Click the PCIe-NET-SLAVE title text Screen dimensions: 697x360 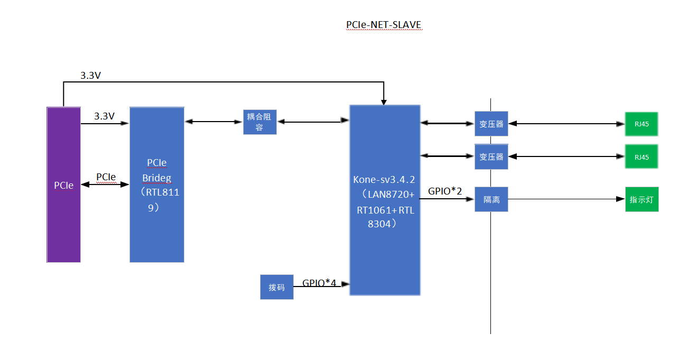tap(384, 24)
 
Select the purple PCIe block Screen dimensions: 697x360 tap(64, 185)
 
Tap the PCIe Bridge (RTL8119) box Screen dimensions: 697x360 tap(157, 185)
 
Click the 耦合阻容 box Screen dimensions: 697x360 tap(260, 122)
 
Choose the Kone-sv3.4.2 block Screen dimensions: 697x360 tap(385, 200)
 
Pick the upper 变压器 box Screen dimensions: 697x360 tap(491, 124)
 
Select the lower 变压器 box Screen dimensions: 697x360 tap(491, 156)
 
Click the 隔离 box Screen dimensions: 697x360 tap(491, 199)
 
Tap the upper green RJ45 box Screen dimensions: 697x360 tap(642, 124)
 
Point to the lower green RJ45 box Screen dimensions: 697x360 tap(642, 156)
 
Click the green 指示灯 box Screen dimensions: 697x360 tap(642, 199)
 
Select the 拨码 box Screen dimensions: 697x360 tap(277, 287)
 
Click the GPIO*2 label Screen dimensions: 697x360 tap(445, 191)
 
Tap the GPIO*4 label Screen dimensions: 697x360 tap(319, 283)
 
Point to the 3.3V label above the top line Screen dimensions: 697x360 tap(90, 75)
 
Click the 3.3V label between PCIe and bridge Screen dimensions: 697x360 tap(104, 116)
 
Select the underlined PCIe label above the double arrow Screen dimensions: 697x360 tap(106, 177)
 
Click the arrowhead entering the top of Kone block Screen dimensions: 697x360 tap(384, 103)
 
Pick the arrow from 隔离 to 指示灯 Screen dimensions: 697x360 tap(566, 199)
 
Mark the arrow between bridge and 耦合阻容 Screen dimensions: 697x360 tap(213, 122)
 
